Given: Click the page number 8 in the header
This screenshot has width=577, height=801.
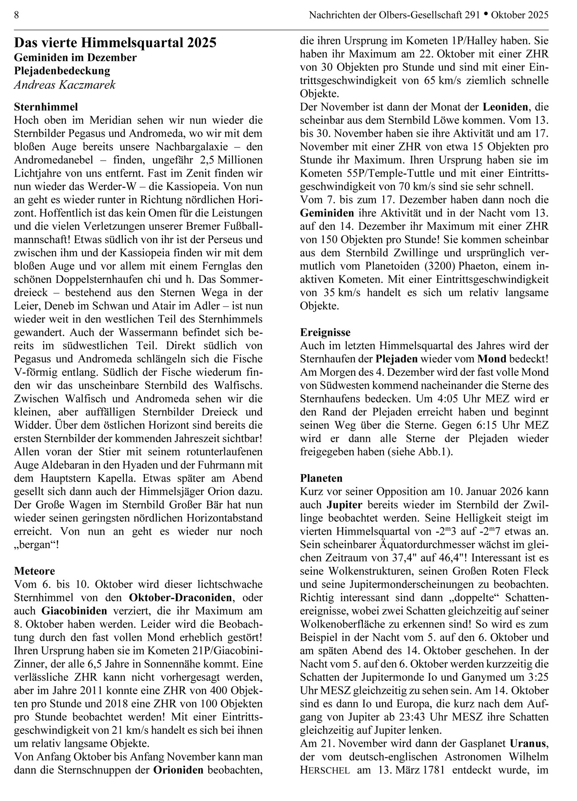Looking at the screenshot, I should point(16,15).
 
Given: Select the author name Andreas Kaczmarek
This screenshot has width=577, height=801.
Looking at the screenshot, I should point(65,85).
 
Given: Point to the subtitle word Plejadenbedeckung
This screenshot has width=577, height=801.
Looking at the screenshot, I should point(62,71).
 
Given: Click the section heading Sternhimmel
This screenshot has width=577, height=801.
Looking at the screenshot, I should point(46,107).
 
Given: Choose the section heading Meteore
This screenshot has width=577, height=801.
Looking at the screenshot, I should point(35,571).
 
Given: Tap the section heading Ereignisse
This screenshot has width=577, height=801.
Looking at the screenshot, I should point(325,332).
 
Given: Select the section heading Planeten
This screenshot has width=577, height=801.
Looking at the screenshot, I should point(321,478).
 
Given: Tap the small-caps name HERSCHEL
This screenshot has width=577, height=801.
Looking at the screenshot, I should point(325,770).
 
